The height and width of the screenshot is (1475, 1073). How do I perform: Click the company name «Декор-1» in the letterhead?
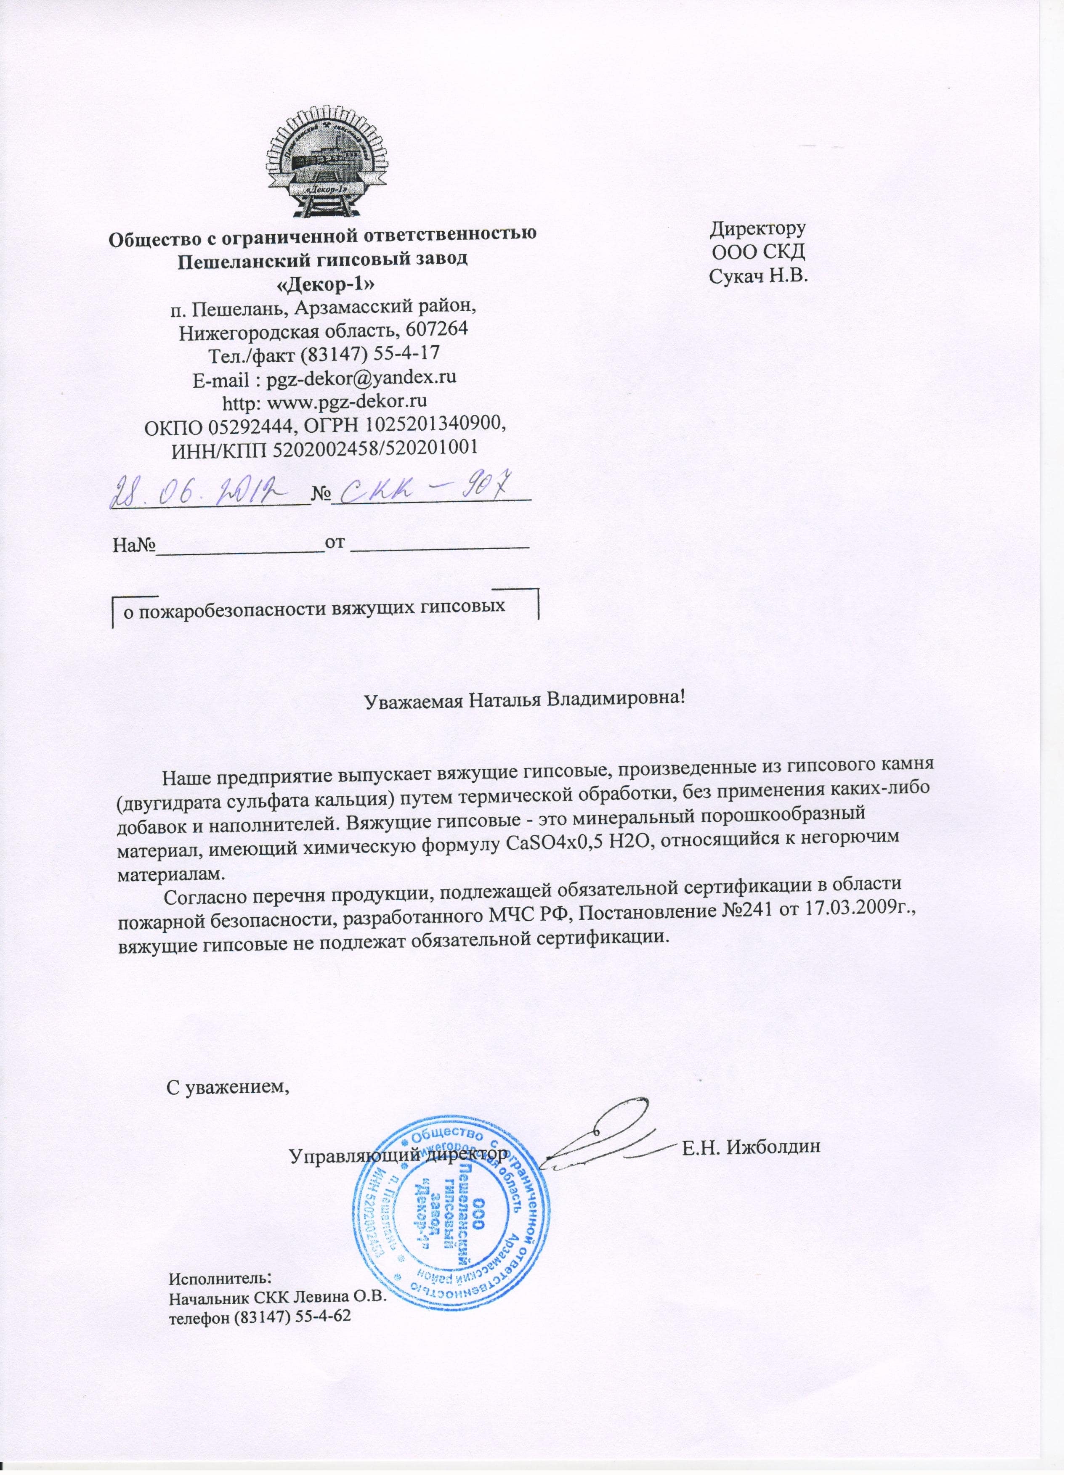[322, 283]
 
